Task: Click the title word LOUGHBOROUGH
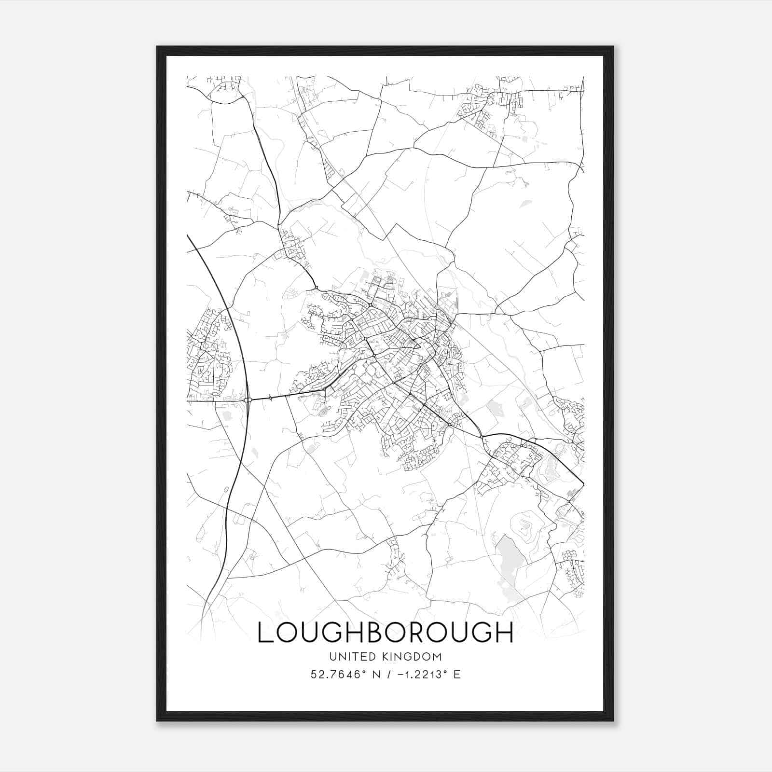click(x=386, y=633)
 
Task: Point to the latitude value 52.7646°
click(x=336, y=674)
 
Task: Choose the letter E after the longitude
click(x=456, y=674)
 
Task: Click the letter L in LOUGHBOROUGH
click(x=266, y=633)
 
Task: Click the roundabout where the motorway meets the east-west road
click(x=248, y=400)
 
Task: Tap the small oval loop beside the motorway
click(x=226, y=489)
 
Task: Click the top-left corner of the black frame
click(x=157, y=47)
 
